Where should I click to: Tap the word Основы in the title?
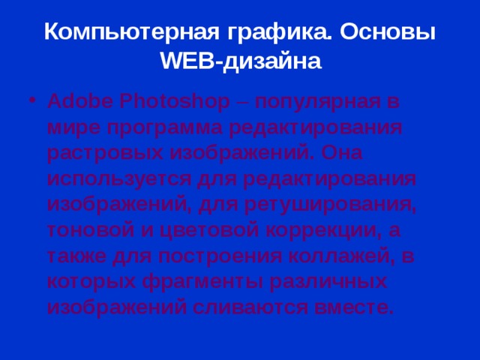pyautogui.click(x=389, y=32)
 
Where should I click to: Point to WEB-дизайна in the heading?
pyautogui.click(x=240, y=61)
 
